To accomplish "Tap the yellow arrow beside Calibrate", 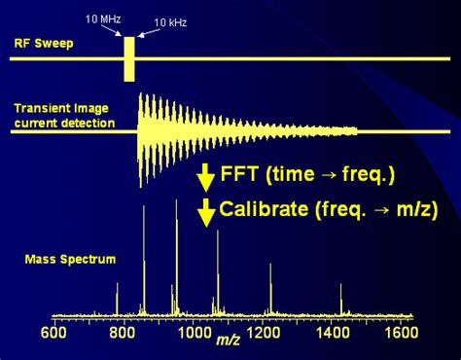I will (x=205, y=211).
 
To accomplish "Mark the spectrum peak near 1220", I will (x=268, y=292).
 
